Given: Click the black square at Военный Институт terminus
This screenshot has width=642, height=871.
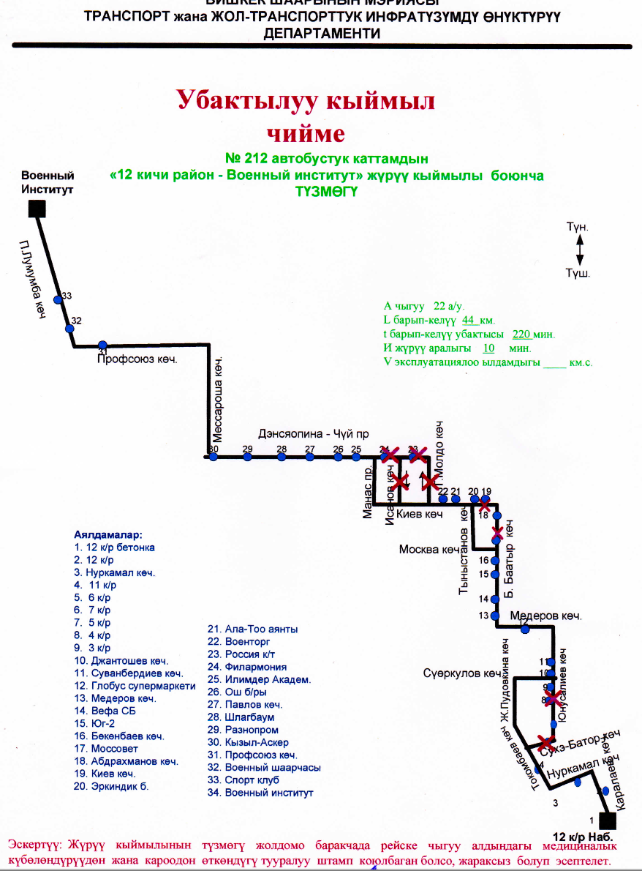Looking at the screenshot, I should coord(37,209).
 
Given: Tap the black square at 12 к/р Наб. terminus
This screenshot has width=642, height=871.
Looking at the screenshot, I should coord(606,821).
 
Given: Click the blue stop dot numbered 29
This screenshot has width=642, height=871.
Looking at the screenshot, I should coord(247,457).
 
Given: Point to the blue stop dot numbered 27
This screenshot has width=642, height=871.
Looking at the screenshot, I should coord(310,457).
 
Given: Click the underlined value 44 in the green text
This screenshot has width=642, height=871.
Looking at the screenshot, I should coord(469,320).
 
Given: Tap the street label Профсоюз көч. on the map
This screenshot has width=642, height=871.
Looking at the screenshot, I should coord(138,359).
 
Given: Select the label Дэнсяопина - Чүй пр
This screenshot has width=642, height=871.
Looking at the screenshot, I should coord(309,433).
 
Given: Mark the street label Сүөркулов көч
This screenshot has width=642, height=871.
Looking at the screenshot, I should coord(461,673).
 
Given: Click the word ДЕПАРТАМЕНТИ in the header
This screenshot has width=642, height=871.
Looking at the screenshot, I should coord(322,34).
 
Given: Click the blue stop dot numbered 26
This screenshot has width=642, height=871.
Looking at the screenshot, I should coord(338,457).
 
